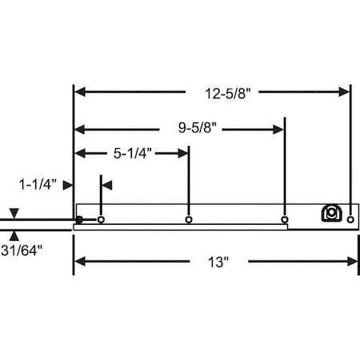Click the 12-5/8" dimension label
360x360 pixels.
click(228, 94)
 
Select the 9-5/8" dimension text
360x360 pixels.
click(198, 127)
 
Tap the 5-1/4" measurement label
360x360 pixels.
click(133, 154)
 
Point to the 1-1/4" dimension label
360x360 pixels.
click(38, 185)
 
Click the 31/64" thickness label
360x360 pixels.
click(22, 250)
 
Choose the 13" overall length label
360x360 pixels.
click(218, 262)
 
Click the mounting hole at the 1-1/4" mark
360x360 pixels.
click(101, 220)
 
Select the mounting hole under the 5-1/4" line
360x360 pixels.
click(189, 220)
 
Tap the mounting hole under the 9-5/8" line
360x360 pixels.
click(285, 220)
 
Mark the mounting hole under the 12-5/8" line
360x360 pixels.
click(350, 220)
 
